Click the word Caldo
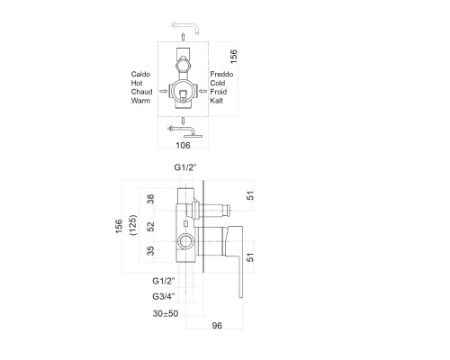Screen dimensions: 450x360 (x=140, y=74)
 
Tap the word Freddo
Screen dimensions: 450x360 (x=221, y=74)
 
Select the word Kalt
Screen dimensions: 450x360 (x=216, y=101)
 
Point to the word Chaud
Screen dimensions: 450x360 (x=141, y=92)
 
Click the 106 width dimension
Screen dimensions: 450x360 (x=183, y=146)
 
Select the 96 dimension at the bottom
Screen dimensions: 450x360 (x=217, y=326)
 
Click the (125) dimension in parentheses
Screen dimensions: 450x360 (x=132, y=225)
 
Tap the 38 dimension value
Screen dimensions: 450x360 (x=151, y=199)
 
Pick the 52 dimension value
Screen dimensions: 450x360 (x=151, y=227)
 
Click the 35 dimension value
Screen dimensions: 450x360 (x=151, y=251)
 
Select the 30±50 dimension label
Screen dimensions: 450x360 (x=166, y=313)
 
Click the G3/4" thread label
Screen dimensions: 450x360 (x=164, y=296)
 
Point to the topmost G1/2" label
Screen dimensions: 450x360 (x=185, y=167)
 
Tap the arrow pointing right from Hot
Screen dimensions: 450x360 (x=163, y=91)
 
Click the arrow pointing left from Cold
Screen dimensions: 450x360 (x=203, y=91)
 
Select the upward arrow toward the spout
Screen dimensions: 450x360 (x=183, y=37)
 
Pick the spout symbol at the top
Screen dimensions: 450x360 (x=185, y=27)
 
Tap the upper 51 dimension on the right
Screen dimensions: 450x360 (x=250, y=195)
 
